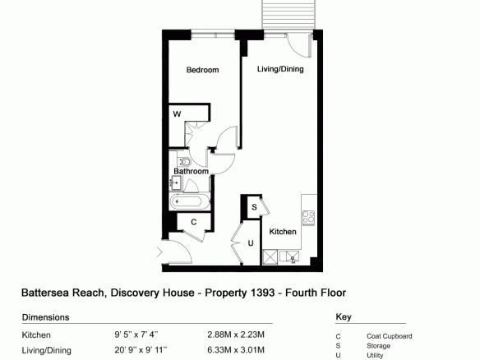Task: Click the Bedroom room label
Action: tap(202, 70)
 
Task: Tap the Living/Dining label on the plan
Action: tap(280, 69)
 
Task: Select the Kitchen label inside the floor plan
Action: tap(283, 232)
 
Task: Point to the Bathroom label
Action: tap(191, 171)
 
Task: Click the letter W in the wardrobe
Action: tap(177, 114)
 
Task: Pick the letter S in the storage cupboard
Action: tap(254, 207)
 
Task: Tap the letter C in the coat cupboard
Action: tap(193, 222)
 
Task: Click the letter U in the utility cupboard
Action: tap(251, 243)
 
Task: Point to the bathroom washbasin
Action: tap(176, 183)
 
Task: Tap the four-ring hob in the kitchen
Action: tap(308, 217)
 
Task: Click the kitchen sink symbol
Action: tap(289, 256)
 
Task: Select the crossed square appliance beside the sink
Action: tap(270, 256)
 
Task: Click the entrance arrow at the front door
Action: tap(159, 252)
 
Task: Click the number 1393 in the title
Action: tap(262, 293)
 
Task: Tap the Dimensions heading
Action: tap(45, 317)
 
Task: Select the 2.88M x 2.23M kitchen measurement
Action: tap(236, 335)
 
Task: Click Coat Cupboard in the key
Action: tap(390, 336)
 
